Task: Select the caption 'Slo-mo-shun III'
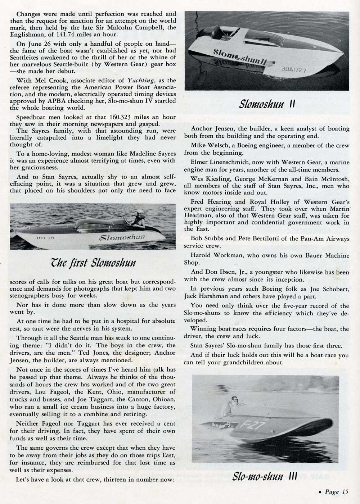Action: (x=266, y=476)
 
